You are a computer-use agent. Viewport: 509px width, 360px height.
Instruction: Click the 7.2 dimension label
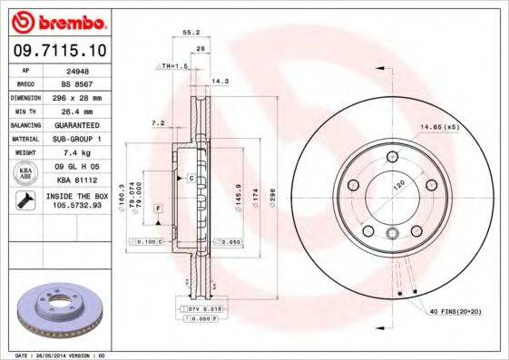157,122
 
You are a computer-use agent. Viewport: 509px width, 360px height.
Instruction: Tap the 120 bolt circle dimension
396,185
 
